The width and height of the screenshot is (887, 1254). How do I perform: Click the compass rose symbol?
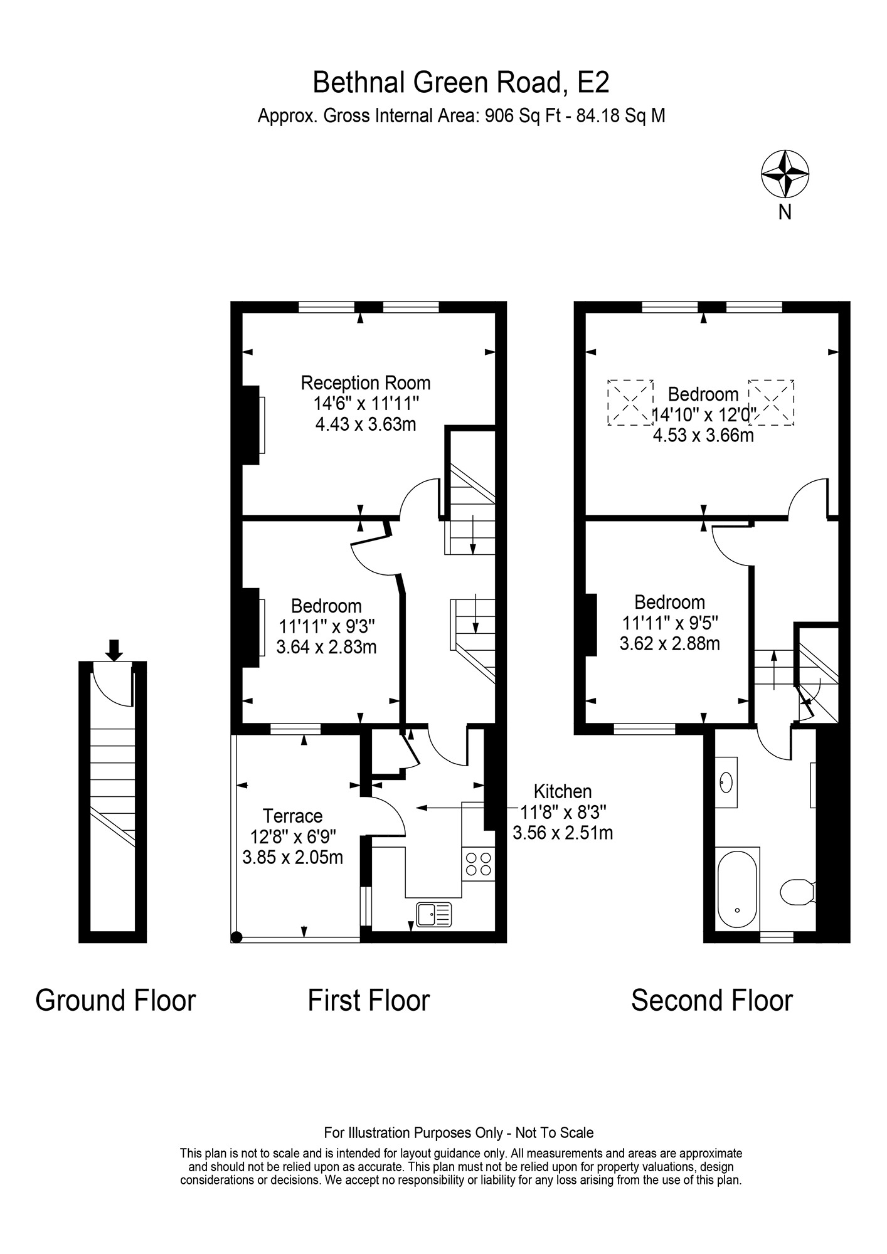point(785,174)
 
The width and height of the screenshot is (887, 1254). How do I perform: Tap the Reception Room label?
point(366,382)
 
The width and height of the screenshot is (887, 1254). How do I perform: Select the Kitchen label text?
point(563,791)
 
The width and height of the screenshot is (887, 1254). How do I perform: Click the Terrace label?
point(292,816)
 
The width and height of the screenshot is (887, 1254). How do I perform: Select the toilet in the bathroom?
point(797,892)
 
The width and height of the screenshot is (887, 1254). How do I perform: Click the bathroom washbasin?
point(726,782)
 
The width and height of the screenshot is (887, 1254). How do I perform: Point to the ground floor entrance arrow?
point(114,650)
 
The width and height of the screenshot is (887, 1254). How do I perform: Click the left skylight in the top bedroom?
point(630,403)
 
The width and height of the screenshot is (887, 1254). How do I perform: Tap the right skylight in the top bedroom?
point(772,403)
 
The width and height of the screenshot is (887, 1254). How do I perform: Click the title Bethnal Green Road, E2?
point(461,82)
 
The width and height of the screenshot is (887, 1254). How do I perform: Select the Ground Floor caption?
point(115,1000)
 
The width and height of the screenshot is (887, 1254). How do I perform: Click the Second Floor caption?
point(712,1000)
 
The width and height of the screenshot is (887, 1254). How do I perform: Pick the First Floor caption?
point(369,1000)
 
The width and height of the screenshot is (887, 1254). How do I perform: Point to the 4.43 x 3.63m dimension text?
point(366,424)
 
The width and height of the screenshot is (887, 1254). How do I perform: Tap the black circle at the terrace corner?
point(236,937)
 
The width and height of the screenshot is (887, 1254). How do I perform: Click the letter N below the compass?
point(785,213)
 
